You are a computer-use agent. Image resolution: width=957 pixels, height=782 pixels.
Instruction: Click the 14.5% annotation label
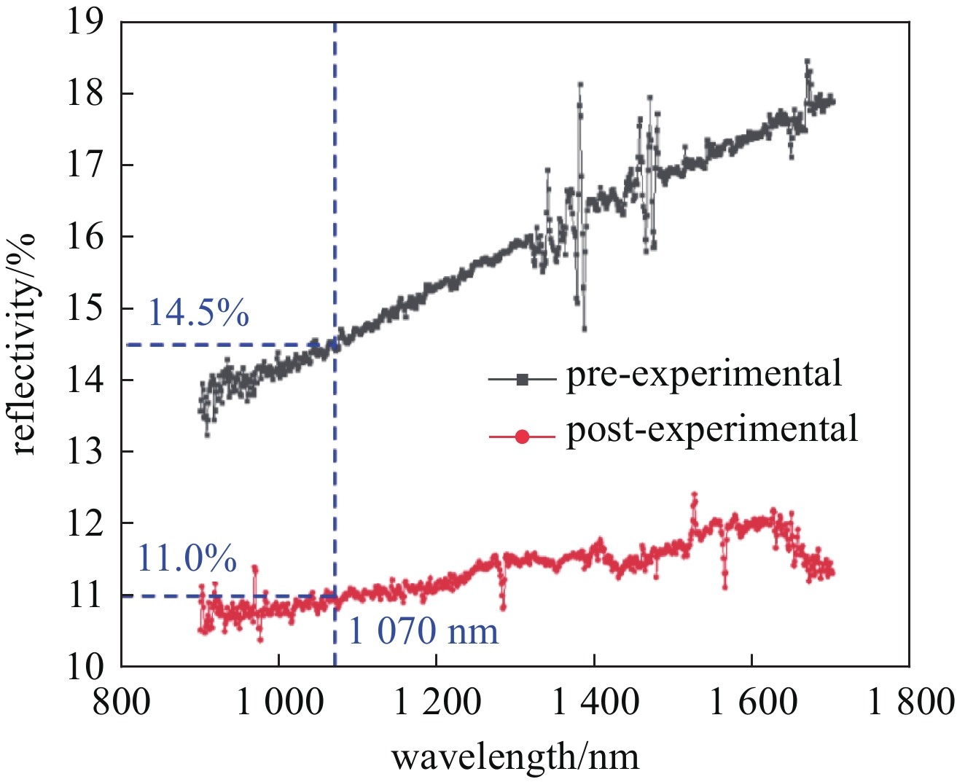click(x=198, y=313)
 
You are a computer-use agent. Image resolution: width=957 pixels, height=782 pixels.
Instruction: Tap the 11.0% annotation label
click(x=187, y=559)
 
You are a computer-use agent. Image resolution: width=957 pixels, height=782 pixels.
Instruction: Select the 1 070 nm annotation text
click(x=423, y=631)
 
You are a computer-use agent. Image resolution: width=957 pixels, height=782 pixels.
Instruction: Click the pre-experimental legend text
click(x=704, y=374)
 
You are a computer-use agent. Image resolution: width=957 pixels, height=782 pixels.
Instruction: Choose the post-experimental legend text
click(x=712, y=429)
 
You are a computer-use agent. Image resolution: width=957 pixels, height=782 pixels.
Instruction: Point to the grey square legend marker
click(x=522, y=379)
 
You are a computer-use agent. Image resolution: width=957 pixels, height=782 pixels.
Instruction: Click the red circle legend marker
click(x=522, y=437)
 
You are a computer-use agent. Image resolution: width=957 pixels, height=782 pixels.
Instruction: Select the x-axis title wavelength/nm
click(x=515, y=757)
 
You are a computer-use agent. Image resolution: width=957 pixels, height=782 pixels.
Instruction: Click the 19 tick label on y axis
click(x=85, y=23)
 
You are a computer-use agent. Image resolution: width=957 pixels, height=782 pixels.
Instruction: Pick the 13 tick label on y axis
click(x=85, y=452)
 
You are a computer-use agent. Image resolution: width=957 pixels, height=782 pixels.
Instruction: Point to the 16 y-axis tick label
click(x=85, y=238)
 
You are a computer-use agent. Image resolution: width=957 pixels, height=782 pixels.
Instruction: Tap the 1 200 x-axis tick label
click(x=437, y=703)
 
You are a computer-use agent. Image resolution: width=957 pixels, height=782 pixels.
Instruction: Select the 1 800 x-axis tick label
click(x=910, y=703)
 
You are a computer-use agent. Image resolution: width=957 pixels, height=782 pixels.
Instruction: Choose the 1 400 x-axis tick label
click(x=595, y=703)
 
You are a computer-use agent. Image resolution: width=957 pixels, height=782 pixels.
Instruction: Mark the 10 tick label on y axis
click(x=85, y=666)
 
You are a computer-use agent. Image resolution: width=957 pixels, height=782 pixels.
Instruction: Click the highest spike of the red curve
click(x=694, y=495)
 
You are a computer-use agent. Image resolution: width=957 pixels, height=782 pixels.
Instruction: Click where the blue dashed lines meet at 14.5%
click(x=335, y=344)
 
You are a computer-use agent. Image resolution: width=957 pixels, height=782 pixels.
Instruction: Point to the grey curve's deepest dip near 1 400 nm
click(x=584, y=329)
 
